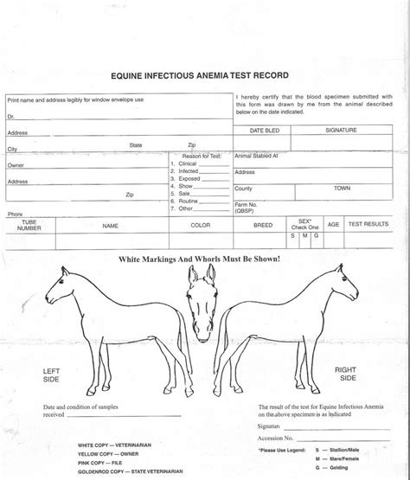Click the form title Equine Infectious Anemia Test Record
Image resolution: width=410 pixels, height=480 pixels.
pyautogui.click(x=205, y=76)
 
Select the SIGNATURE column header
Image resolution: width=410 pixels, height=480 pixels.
pyautogui.click(x=341, y=130)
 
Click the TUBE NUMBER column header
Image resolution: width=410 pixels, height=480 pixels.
pyautogui.click(x=29, y=225)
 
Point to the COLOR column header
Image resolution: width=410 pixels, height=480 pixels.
pyautogui.click(x=201, y=225)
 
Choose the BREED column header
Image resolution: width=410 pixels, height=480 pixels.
pyautogui.click(x=263, y=225)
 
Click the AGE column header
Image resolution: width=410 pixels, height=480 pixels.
pyautogui.click(x=333, y=224)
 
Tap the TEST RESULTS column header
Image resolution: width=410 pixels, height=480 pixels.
pyautogui.click(x=368, y=224)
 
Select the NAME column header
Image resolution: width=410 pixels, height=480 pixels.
pyautogui.click(x=110, y=225)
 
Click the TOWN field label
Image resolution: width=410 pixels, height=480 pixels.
pyautogui.click(x=342, y=188)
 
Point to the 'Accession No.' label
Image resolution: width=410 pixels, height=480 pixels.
pyautogui.click(x=278, y=438)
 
